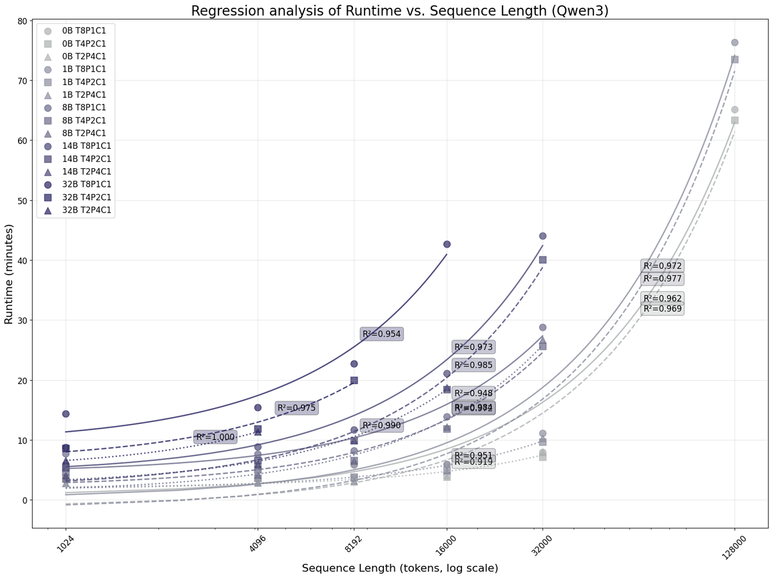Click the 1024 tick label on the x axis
pyautogui.click(x=64, y=546)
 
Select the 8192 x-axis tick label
pyautogui.click(x=352, y=546)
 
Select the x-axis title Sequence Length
pyautogui.click(x=399, y=568)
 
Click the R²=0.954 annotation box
pyautogui.click(x=382, y=334)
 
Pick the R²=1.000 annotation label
pyautogui.click(x=216, y=438)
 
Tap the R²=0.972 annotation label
pyautogui.click(x=662, y=266)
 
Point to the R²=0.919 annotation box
pyautogui.click(x=473, y=461)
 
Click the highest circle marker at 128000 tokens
pyautogui.click(x=734, y=43)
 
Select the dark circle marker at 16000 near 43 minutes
pyautogui.click(x=446, y=244)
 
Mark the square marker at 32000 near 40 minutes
pyautogui.click(x=542, y=260)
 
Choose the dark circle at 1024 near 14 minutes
pyautogui.click(x=66, y=414)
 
